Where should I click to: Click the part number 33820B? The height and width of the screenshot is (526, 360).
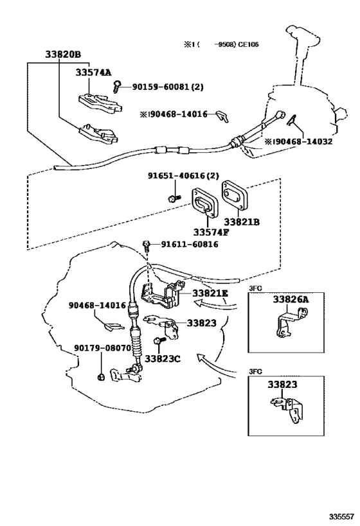point(64,55)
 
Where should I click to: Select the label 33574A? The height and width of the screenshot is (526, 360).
point(93,73)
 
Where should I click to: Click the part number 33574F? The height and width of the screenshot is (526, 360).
point(208,231)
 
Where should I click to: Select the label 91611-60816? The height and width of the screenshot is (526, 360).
point(189,244)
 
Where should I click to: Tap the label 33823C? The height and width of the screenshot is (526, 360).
point(162,358)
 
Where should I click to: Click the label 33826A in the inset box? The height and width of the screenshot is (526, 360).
point(290,299)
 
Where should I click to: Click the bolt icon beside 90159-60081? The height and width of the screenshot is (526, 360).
point(119,85)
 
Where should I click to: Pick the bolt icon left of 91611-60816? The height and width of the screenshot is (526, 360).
point(147,244)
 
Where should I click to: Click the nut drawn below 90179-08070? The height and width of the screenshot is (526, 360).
point(101,375)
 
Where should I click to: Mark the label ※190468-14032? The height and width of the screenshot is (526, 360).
point(298,141)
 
